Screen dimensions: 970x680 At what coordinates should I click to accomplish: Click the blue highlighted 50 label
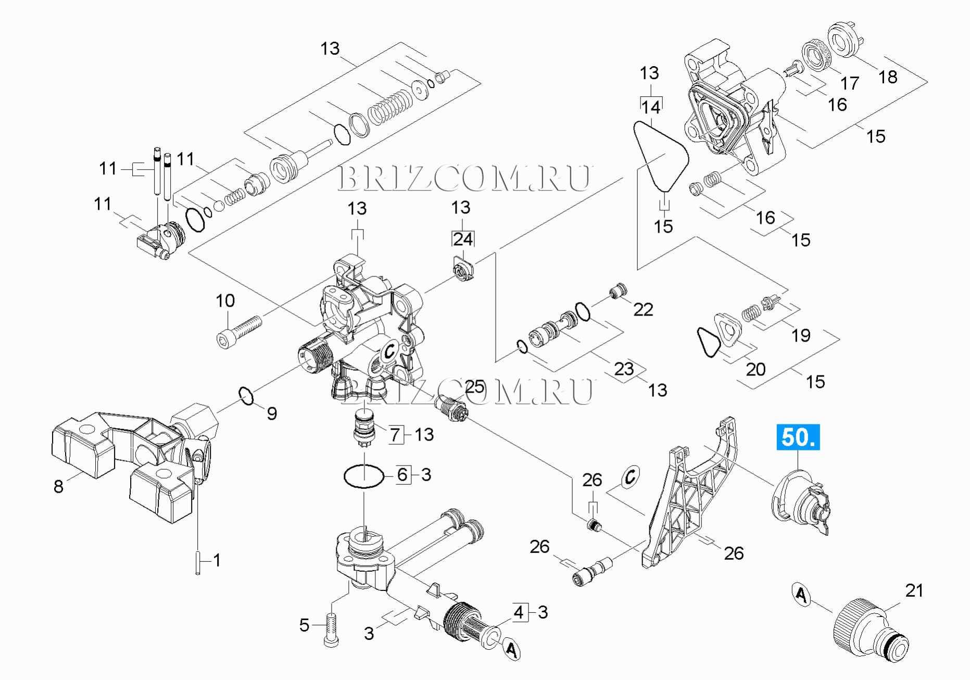[x=798, y=437]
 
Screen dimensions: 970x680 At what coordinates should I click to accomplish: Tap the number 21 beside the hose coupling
[x=914, y=590]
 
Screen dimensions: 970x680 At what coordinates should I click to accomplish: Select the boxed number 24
[x=463, y=239]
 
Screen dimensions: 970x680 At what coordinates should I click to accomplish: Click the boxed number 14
[x=651, y=107]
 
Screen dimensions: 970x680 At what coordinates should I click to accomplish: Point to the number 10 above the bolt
[x=225, y=300]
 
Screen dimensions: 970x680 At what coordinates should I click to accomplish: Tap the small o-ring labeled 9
[x=246, y=396]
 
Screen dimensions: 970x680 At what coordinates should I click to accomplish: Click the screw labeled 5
[x=331, y=631]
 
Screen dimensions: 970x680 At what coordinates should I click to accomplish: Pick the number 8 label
[x=58, y=486]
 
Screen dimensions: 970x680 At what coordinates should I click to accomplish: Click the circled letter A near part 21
[x=802, y=594]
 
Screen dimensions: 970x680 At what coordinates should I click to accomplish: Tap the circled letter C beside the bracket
[x=630, y=477]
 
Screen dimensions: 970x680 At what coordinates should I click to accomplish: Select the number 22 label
[x=643, y=310]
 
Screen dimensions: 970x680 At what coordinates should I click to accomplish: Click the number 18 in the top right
[x=888, y=77]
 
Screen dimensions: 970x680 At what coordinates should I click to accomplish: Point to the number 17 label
[x=849, y=83]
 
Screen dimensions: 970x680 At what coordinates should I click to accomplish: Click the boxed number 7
[x=395, y=434]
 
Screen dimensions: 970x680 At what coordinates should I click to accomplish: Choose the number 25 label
[x=474, y=387]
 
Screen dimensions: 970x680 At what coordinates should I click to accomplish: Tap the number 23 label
[x=624, y=369]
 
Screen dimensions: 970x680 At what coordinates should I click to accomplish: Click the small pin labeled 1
[x=198, y=563]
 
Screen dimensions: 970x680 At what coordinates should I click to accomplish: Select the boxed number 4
[x=519, y=612]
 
